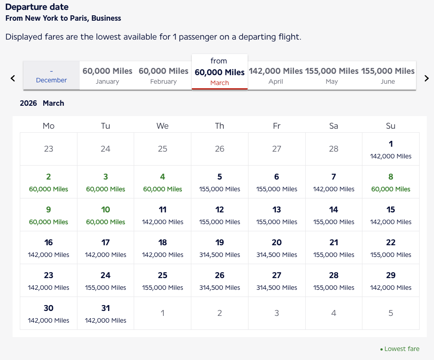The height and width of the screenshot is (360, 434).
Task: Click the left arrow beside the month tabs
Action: click(13, 78)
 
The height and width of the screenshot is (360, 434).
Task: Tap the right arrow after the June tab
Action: click(426, 78)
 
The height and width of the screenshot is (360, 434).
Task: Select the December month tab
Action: click(51, 76)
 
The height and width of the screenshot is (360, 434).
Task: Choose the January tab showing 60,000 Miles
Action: click(108, 76)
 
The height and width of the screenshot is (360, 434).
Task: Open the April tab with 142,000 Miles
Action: click(276, 76)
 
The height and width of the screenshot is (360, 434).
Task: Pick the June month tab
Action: click(388, 76)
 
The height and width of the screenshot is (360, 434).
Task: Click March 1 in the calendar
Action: click(391, 149)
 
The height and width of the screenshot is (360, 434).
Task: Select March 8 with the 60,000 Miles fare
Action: click(391, 182)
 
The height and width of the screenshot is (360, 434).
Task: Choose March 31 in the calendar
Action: click(105, 314)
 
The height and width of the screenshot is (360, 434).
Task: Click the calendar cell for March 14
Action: click(334, 215)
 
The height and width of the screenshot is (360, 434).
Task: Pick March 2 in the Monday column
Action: click(49, 182)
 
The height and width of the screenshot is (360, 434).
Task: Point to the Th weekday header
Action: click(220, 126)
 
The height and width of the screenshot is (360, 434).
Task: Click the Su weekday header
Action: click(391, 126)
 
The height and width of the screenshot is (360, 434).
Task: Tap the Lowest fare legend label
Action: click(402, 349)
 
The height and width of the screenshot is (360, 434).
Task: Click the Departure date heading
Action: click(37, 7)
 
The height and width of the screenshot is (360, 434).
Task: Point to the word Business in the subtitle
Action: click(106, 18)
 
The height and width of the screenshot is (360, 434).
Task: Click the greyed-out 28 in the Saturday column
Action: click(334, 149)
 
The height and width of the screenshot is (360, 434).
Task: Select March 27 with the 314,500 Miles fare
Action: click(276, 281)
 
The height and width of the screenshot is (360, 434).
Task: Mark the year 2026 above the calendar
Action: click(28, 103)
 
